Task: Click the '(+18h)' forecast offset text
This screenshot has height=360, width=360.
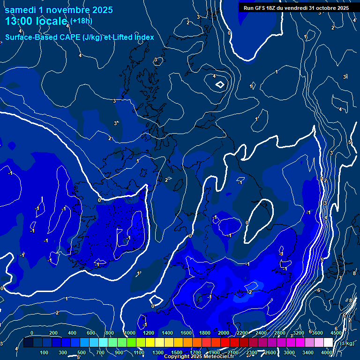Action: coord(82,21)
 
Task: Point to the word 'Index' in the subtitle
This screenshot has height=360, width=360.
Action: coord(144,37)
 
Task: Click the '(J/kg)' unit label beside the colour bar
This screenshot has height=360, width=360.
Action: coord(347,344)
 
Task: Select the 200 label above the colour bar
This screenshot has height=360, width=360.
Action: coord(53,333)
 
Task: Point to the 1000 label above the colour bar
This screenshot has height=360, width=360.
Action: coord(129,333)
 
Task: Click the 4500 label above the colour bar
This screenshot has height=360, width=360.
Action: coord(336,333)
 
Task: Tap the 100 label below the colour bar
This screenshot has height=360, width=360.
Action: coord(44,352)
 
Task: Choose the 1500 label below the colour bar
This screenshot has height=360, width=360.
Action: coord(177,352)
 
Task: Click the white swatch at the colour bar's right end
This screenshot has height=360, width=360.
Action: coord(328,343)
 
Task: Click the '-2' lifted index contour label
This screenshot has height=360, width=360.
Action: coord(249,292)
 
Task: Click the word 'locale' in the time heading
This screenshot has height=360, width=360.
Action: coord(52,22)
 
